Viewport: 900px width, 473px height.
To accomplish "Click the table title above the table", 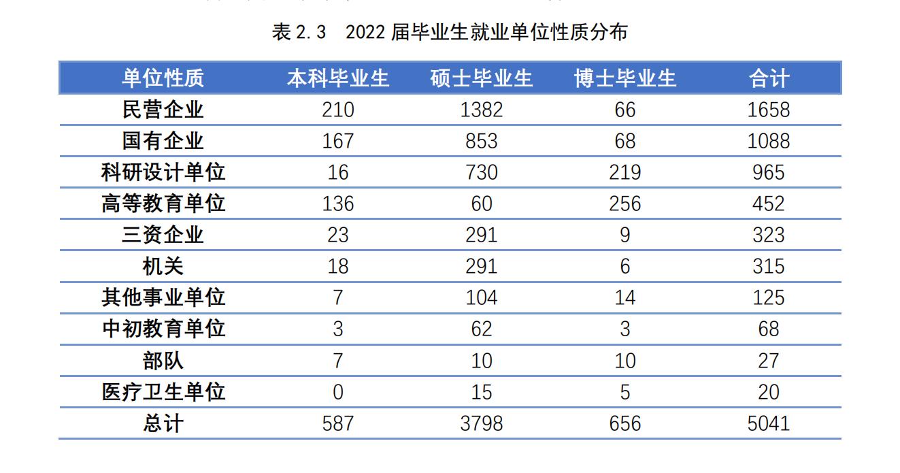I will pyautogui.click(x=450, y=33).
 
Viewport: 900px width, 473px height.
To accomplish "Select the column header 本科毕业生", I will pyautogui.click(x=338, y=78).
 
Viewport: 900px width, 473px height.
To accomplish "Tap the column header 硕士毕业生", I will pyautogui.click(x=482, y=78).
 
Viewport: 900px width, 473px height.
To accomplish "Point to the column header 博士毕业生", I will pyautogui.click(x=625, y=78).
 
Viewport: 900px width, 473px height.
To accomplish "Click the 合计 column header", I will pyautogui.click(x=769, y=78).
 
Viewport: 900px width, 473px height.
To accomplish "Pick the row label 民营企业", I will pyautogui.click(x=163, y=110).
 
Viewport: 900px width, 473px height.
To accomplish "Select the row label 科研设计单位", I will pyautogui.click(x=163, y=172).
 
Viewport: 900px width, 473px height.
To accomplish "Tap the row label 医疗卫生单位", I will pyautogui.click(x=163, y=392).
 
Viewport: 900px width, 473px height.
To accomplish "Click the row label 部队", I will pyautogui.click(x=163, y=361).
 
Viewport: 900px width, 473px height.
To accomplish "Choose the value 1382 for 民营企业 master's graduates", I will pyautogui.click(x=482, y=110).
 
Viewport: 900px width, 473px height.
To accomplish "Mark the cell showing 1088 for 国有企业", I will pyautogui.click(x=769, y=141).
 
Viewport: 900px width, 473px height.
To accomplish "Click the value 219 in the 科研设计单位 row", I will pyautogui.click(x=625, y=172).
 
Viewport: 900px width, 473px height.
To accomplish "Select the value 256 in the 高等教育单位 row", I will pyautogui.click(x=625, y=203).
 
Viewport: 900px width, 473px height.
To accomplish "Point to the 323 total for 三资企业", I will pyautogui.click(x=769, y=235).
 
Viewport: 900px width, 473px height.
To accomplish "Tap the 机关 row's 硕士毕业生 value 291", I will pyautogui.click(x=482, y=266).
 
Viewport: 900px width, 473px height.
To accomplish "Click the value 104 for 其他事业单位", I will pyautogui.click(x=482, y=297).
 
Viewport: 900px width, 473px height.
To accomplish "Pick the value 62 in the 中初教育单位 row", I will pyautogui.click(x=482, y=329).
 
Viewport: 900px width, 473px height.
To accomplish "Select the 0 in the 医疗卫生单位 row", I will pyautogui.click(x=338, y=392).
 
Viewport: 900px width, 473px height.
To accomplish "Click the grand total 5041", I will pyautogui.click(x=769, y=423).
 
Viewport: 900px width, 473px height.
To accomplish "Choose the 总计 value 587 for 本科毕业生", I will pyautogui.click(x=338, y=423).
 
